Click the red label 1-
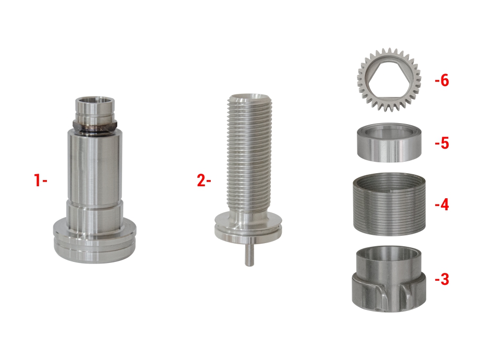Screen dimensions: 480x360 pos(40,180)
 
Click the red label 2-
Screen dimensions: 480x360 pos(204,181)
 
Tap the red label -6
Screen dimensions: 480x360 pos(442,80)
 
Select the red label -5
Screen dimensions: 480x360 pos(442,143)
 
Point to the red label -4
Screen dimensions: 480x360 pos(442,204)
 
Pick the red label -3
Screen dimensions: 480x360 pos(442,279)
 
